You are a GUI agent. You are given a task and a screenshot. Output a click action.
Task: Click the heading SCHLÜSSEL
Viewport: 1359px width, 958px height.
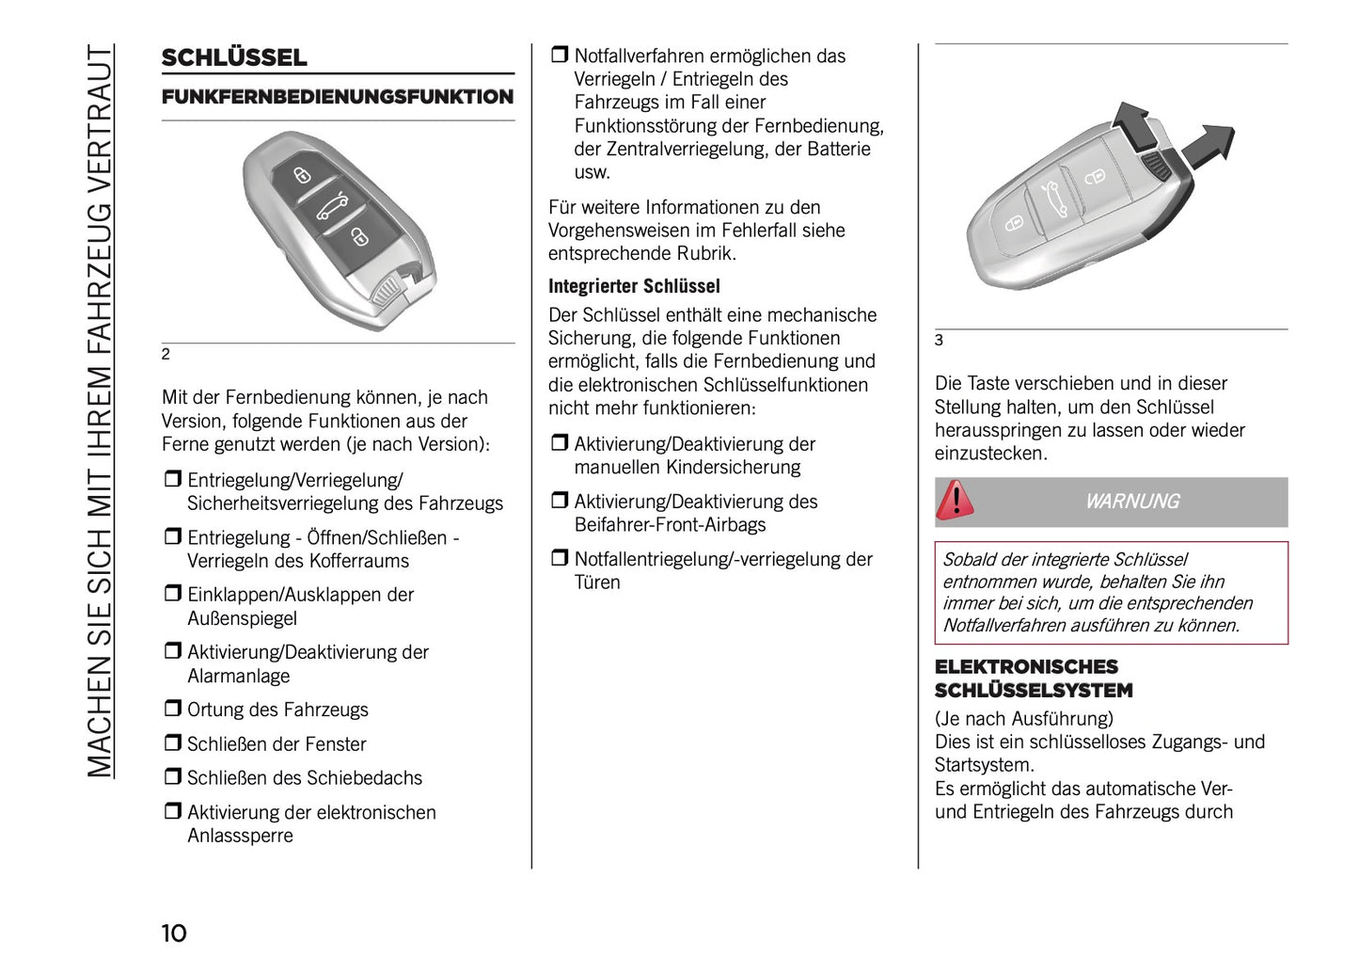(x=234, y=57)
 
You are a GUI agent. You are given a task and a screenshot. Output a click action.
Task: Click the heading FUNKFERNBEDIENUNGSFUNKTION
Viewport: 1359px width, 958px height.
(x=338, y=97)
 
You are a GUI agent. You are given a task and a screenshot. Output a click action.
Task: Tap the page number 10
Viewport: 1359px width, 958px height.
(x=174, y=933)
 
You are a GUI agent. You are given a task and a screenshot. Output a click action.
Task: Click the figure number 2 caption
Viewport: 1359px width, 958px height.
(x=166, y=355)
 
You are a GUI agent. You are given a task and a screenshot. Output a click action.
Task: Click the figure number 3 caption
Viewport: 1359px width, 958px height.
(x=939, y=341)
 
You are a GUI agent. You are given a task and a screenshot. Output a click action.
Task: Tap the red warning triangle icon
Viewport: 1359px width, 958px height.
(x=956, y=501)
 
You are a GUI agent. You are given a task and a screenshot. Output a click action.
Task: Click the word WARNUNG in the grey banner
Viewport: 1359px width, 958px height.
(x=1131, y=502)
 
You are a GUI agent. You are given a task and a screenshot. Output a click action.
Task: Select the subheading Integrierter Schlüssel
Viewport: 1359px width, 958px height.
(x=634, y=286)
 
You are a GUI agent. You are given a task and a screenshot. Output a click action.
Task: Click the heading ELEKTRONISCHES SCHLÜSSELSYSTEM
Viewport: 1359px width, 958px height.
(x=1033, y=679)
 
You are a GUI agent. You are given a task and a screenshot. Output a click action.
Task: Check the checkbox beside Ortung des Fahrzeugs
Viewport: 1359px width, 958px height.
(x=172, y=709)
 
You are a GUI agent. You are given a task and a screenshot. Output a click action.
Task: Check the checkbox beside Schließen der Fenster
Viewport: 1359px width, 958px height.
(x=172, y=742)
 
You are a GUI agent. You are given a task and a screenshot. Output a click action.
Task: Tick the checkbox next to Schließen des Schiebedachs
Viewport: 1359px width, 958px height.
(x=172, y=776)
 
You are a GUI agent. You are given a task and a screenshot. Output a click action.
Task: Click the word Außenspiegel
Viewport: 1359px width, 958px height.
(x=243, y=618)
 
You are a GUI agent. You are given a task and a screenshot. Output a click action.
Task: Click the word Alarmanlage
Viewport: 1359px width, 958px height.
(x=239, y=676)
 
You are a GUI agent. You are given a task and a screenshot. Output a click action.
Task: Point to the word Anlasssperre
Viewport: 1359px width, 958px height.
(x=240, y=836)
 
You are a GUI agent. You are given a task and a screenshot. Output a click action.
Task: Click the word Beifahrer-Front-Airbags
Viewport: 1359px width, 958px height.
(x=670, y=525)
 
